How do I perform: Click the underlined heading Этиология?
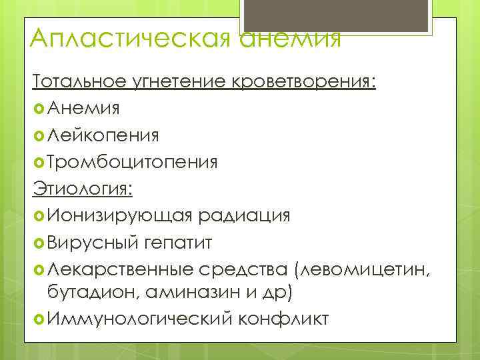click(83, 188)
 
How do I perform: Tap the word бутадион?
click(93, 292)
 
